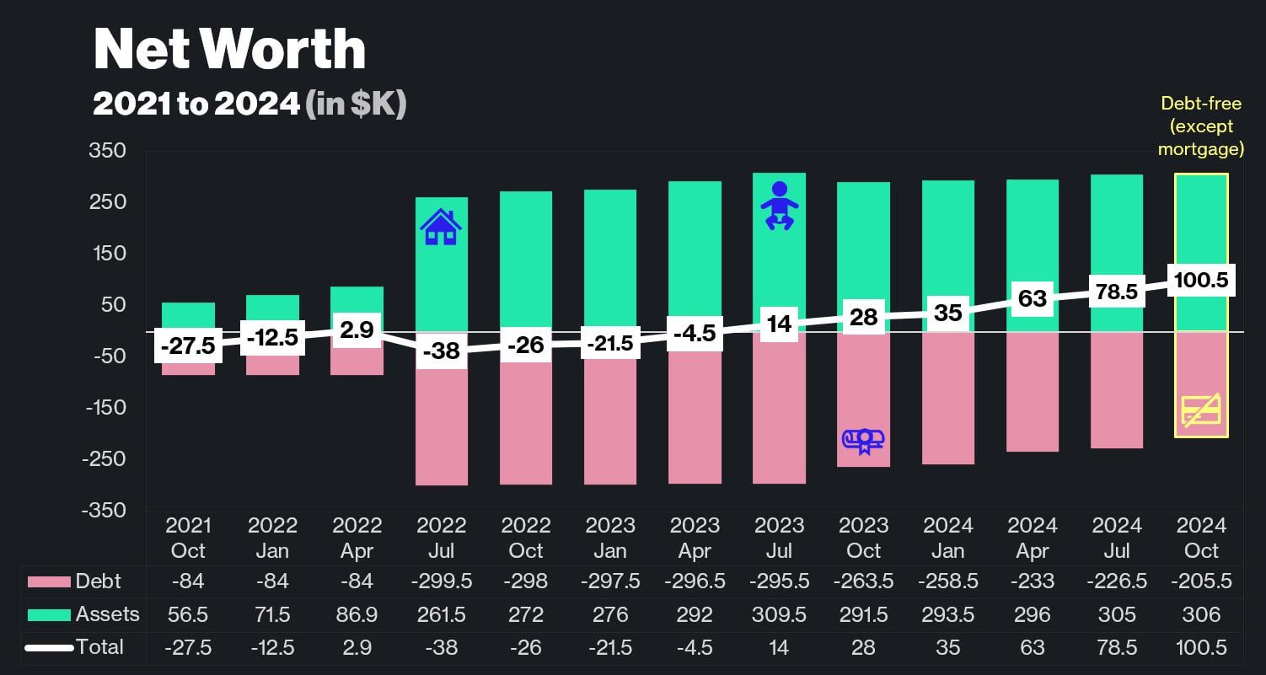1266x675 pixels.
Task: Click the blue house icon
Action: point(441,227)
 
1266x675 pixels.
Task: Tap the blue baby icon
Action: point(780,206)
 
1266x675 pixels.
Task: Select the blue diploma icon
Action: point(863,439)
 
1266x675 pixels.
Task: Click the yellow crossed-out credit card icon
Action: point(1201,410)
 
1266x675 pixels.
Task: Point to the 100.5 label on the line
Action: point(1201,280)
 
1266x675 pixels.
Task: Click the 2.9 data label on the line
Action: point(357,329)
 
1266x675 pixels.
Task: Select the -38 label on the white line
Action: point(441,351)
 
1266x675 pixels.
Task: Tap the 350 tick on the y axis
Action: point(108,151)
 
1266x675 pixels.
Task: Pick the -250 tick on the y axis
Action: point(105,458)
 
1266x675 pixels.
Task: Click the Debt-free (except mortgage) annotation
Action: point(1201,126)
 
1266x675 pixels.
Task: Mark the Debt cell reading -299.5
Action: point(441,581)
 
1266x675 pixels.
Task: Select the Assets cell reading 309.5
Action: point(780,614)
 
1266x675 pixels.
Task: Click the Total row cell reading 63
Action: point(1033,647)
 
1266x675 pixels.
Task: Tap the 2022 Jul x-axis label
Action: point(441,538)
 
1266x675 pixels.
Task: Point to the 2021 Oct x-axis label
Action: point(188,538)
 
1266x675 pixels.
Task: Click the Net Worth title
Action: point(229,50)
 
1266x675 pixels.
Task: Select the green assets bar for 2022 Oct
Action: point(526,253)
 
